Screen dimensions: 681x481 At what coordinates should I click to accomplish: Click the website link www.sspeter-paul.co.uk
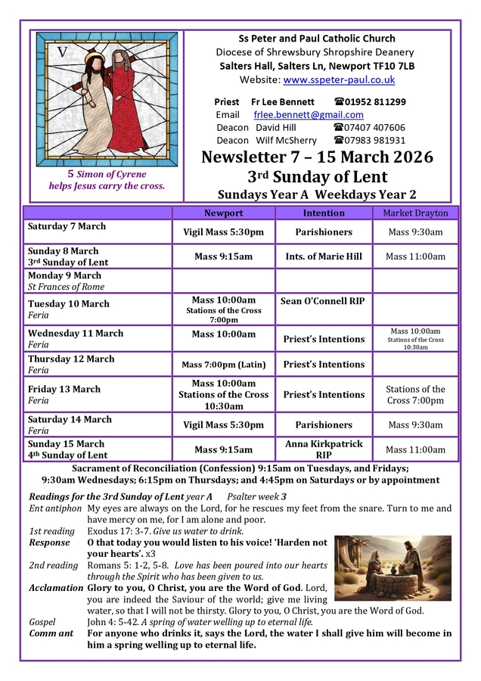pyautogui.click(x=339, y=79)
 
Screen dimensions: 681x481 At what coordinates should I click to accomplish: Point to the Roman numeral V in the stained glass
pyautogui.click(x=62, y=53)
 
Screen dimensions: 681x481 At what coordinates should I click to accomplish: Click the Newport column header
pyautogui.click(x=224, y=213)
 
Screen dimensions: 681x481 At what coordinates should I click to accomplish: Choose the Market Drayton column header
pyautogui.click(x=415, y=213)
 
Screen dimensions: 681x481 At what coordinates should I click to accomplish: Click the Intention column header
pyautogui.click(x=324, y=213)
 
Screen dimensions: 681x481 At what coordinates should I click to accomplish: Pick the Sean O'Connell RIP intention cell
pyautogui.click(x=323, y=301)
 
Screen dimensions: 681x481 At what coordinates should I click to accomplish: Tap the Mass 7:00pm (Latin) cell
pyautogui.click(x=224, y=365)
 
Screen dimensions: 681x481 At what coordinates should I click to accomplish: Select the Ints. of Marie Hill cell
pyautogui.click(x=324, y=257)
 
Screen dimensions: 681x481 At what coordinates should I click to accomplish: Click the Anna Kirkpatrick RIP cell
pyautogui.click(x=324, y=449)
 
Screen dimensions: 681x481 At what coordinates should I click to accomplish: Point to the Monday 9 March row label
pyautogui.click(x=64, y=275)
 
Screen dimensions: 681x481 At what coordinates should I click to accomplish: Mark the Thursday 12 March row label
pyautogui.click(x=71, y=359)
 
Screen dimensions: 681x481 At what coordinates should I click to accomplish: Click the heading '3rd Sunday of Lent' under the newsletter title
pyautogui.click(x=317, y=177)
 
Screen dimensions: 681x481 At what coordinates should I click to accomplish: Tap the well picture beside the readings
pyautogui.click(x=393, y=568)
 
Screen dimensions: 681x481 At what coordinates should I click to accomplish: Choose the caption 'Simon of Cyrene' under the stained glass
pyautogui.click(x=110, y=174)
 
